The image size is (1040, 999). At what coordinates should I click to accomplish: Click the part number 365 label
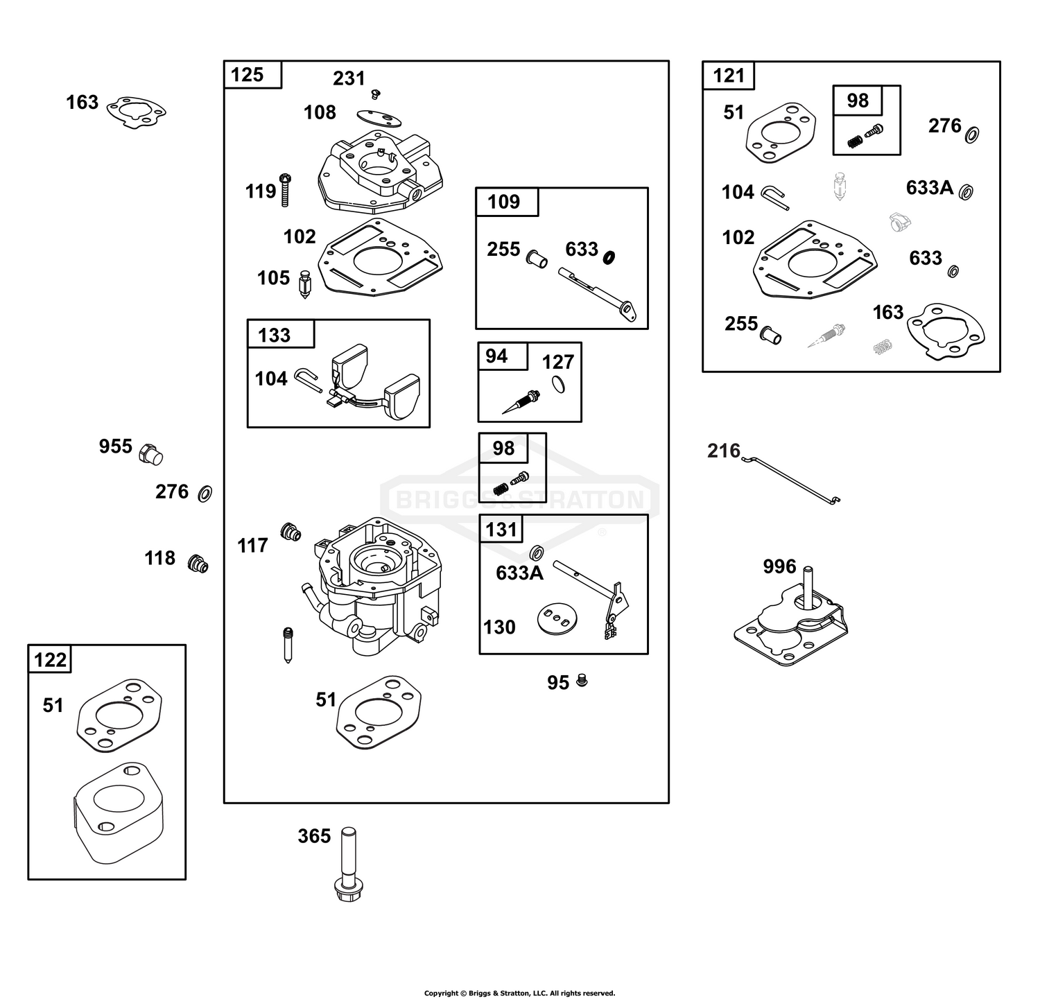click(x=314, y=836)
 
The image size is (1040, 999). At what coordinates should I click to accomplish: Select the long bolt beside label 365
click(x=349, y=863)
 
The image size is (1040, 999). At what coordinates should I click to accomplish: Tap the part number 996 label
click(x=779, y=566)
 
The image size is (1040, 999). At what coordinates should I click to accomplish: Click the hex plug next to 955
click(x=150, y=455)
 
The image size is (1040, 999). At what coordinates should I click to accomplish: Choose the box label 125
click(x=247, y=74)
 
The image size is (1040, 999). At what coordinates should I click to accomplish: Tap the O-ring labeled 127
click(x=559, y=384)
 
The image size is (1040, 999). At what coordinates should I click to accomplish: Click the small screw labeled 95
click(x=582, y=681)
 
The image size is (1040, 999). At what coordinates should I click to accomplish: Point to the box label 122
click(x=50, y=659)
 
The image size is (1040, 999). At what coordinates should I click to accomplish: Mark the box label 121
click(x=729, y=76)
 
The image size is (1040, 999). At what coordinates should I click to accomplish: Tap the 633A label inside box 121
click(x=930, y=187)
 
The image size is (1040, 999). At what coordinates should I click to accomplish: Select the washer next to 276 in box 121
click(x=971, y=134)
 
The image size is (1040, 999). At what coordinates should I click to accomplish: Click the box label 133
click(x=274, y=335)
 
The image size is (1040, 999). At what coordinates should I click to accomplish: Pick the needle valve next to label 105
click(x=305, y=284)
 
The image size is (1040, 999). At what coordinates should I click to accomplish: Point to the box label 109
click(x=503, y=202)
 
